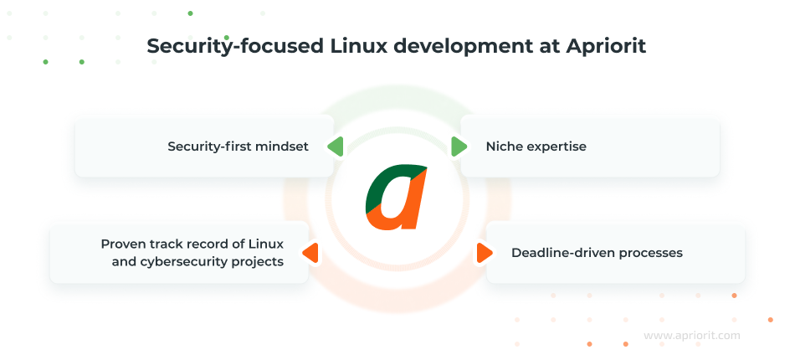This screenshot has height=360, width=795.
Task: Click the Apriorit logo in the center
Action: pos(397,198)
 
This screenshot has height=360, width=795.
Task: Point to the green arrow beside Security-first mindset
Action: pos(336,147)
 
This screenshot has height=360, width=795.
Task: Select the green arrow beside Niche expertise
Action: pos(459,147)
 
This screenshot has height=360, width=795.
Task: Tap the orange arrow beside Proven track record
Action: pos(310,253)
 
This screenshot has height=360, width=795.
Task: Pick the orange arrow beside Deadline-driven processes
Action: pos(483,253)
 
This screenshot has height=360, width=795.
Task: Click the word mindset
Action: pos(282,147)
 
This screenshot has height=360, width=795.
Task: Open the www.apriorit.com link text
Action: pos(691,336)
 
